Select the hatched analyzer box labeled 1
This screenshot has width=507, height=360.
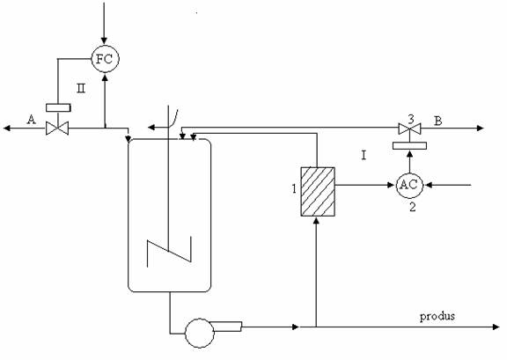[x=318, y=192]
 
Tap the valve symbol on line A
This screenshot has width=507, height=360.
[x=57, y=129]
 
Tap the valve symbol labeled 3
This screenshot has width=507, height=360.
[x=409, y=129]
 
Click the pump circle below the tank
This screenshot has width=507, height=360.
[x=200, y=333]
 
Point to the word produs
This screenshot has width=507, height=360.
[x=437, y=316]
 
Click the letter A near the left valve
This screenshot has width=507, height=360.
[x=31, y=120]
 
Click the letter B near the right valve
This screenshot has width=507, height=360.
[x=437, y=121]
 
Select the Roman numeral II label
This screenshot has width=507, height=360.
[x=81, y=88]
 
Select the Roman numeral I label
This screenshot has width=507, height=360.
[x=364, y=156]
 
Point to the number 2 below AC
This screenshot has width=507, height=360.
[x=413, y=207]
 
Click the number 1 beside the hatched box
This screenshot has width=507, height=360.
[x=294, y=188]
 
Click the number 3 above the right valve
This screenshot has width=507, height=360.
[x=411, y=120]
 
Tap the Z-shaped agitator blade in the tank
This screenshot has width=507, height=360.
[x=169, y=252]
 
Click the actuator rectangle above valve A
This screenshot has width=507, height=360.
[x=58, y=107]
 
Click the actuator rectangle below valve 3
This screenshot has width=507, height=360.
[x=409, y=145]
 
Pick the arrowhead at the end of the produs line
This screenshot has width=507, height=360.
[x=496, y=327]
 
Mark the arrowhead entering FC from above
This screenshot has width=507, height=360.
[x=104, y=40]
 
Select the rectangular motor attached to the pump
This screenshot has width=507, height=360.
[x=227, y=327]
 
